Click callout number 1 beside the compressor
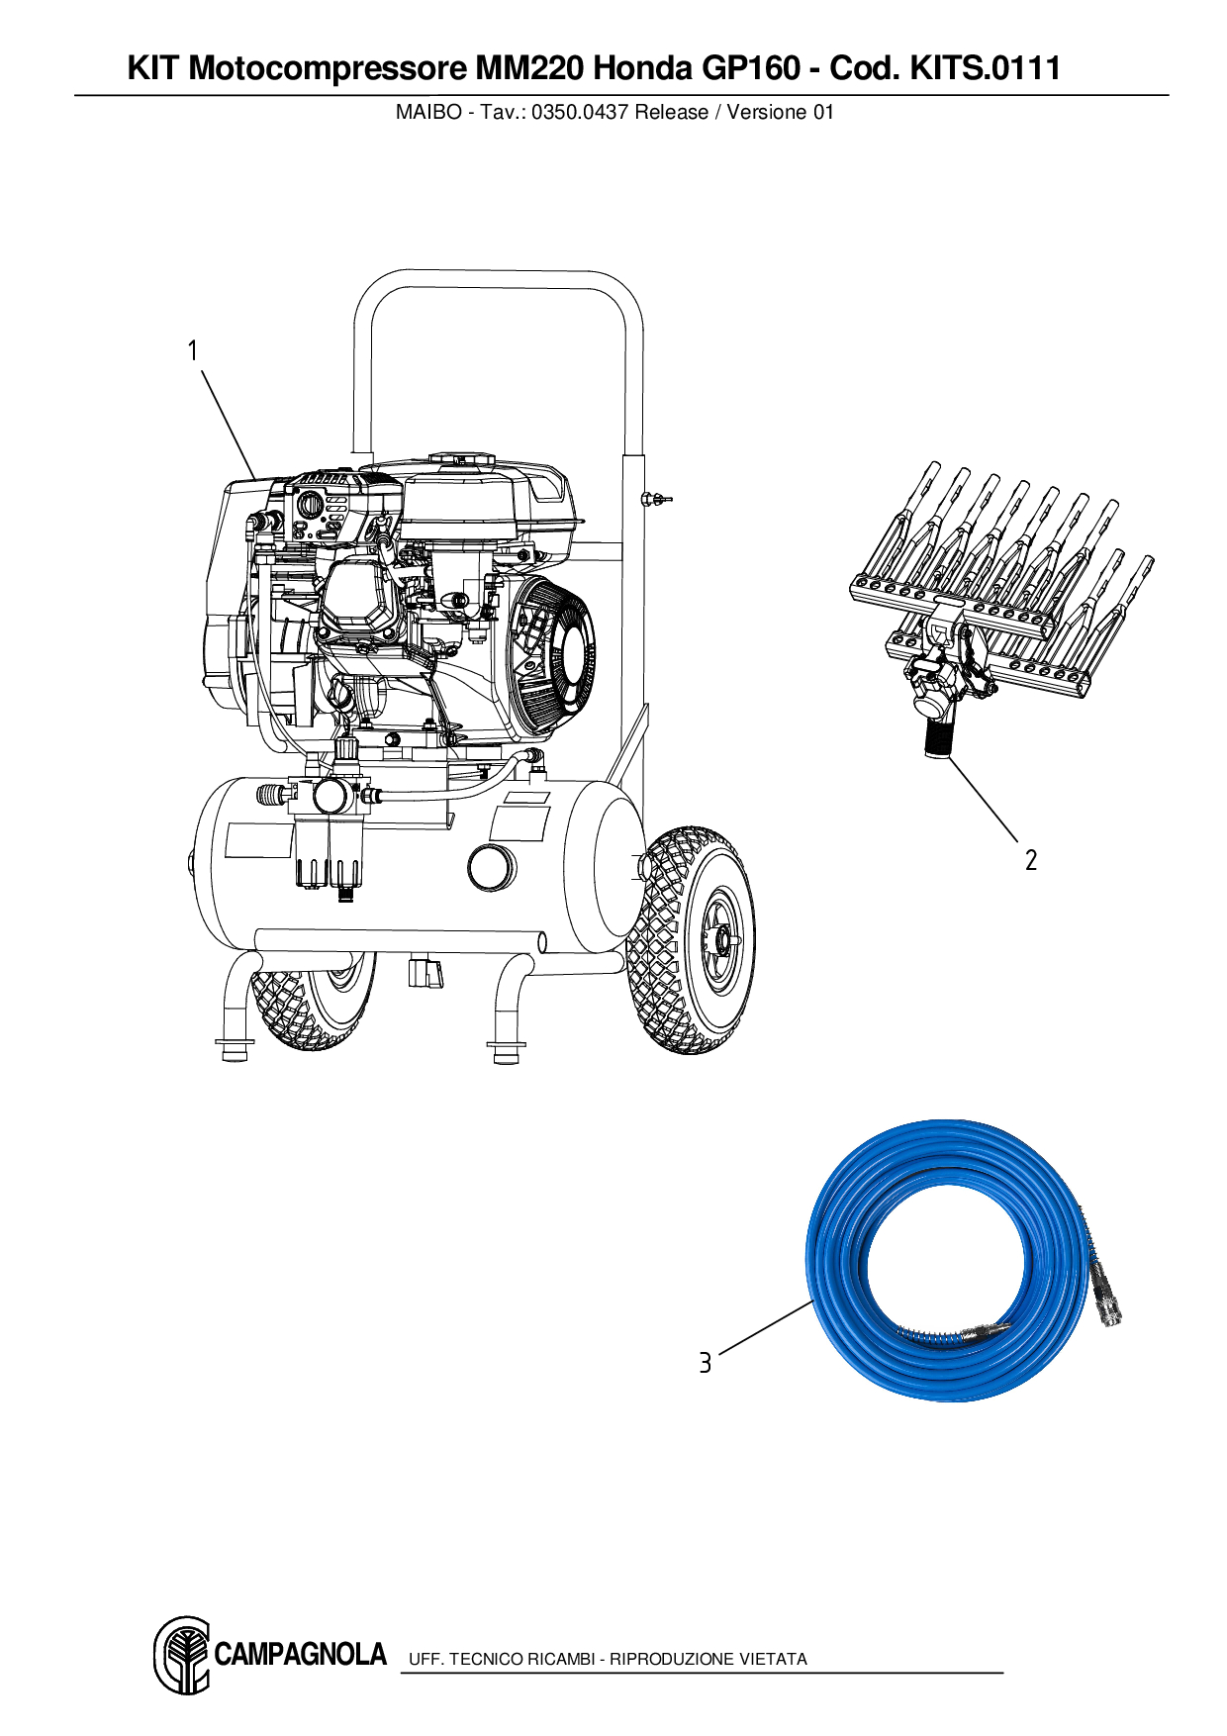tap(193, 351)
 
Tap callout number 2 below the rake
tap(1031, 860)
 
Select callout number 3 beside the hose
tap(705, 1364)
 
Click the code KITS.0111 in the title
tap(985, 68)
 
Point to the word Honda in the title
tap(643, 68)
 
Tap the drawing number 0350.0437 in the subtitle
tap(580, 113)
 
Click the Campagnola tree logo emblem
tap(182, 1655)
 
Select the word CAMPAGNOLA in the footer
tap(300, 1655)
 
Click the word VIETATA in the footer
tap(774, 1659)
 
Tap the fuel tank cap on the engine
tap(461, 460)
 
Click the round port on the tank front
tap(491, 867)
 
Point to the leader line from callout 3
tap(765, 1328)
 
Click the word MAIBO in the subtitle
tap(427, 113)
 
